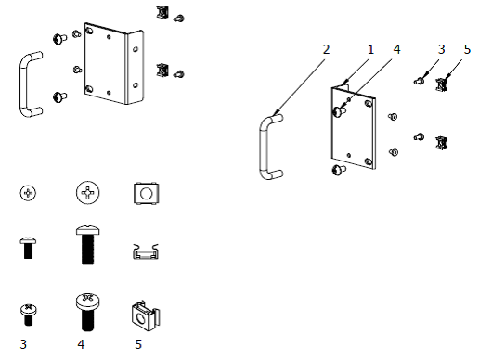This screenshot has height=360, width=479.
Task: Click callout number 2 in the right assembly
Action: [x=326, y=49]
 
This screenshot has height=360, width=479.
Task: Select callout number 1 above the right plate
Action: [x=370, y=49]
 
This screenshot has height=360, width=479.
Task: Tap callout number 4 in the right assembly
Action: [x=396, y=49]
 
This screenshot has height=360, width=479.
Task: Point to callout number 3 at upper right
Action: [x=442, y=49]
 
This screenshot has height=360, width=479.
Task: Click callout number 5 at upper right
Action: [x=467, y=49]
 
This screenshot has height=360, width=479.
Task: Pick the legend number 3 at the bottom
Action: [x=23, y=344]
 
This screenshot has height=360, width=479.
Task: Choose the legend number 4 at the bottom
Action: [x=81, y=344]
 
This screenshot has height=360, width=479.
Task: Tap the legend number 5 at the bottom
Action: [x=138, y=344]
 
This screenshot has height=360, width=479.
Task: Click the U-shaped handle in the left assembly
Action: [x=22, y=84]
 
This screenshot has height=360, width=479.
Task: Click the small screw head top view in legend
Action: [x=28, y=193]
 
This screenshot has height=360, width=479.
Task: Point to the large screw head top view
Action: [x=88, y=193]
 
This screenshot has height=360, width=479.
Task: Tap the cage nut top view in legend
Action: [x=147, y=194]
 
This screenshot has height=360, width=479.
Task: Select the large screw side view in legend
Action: [x=88, y=245]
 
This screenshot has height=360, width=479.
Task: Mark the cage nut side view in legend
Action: [x=146, y=251]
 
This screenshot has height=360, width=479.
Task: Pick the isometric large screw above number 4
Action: [x=88, y=312]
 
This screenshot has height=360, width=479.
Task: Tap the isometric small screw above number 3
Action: [x=29, y=315]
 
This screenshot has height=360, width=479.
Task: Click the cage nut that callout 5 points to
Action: [x=442, y=85]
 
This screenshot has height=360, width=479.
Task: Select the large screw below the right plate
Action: [x=339, y=170]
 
